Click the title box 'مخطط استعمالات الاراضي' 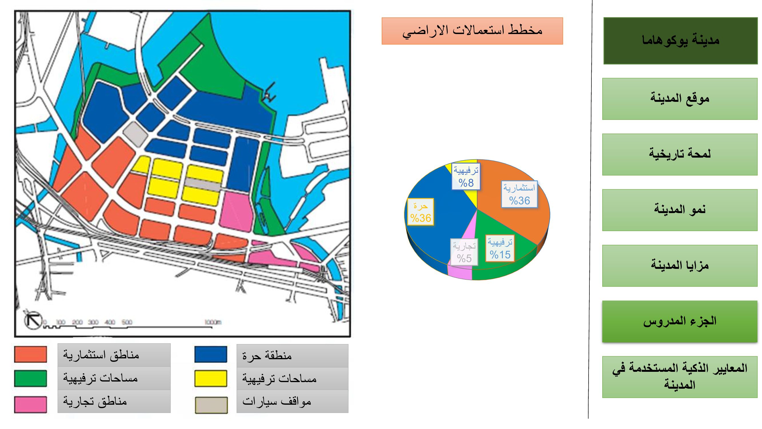tap(472, 31)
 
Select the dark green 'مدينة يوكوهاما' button tap(680, 41)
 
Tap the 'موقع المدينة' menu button tap(679, 99)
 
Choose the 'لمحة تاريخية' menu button tap(679, 154)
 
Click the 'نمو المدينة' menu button tap(679, 210)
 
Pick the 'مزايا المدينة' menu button tap(679, 266)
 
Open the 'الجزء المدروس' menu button tap(679, 321)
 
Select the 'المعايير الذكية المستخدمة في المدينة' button tap(679, 377)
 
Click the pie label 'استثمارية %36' tap(519, 194)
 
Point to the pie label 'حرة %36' tap(420, 212)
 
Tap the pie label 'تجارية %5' tap(464, 252)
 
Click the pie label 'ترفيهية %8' tap(466, 177)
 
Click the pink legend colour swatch tap(31, 404)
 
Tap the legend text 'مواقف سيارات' tap(277, 402)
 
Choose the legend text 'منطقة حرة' tap(267, 355)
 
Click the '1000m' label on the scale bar tap(213, 322)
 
